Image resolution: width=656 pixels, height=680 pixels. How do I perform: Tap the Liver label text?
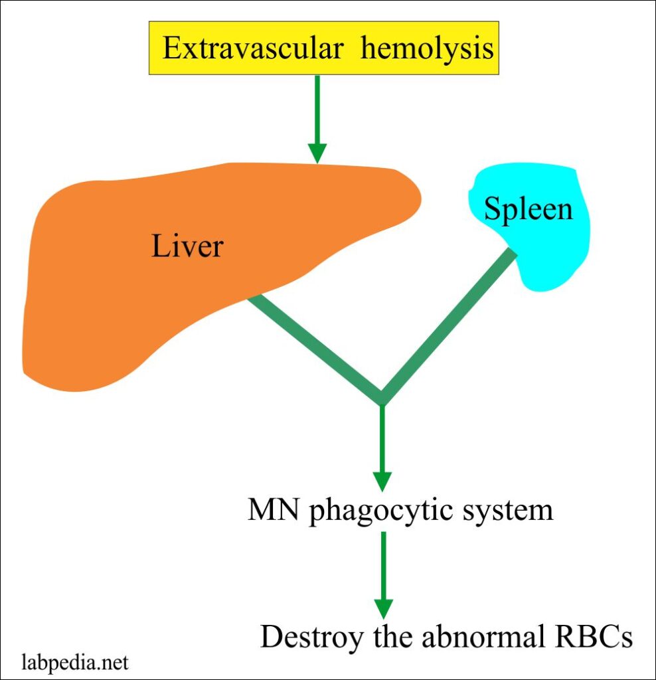188,247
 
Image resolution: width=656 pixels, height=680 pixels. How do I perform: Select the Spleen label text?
528,209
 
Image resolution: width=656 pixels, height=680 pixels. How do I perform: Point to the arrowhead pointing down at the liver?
317,152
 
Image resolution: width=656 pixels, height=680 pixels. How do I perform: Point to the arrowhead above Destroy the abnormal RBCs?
383,608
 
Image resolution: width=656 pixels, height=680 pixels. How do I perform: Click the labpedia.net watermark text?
75,663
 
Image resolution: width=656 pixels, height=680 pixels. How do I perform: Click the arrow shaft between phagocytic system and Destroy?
383,564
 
